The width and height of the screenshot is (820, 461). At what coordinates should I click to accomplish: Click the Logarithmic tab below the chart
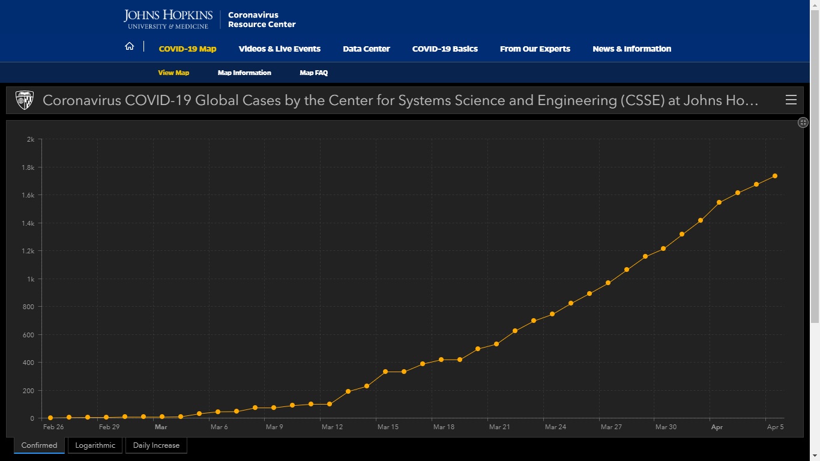click(x=95, y=445)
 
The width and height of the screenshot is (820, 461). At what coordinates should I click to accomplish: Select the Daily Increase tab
click(x=156, y=445)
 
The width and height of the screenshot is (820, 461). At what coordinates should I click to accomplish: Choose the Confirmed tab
click(x=39, y=445)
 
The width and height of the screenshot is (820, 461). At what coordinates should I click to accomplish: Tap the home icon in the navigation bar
click(x=129, y=46)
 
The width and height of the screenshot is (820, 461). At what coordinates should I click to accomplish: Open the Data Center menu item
click(x=366, y=49)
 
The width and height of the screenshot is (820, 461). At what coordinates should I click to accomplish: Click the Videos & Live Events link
click(x=279, y=49)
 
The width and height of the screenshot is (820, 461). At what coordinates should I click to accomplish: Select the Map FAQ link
click(x=314, y=73)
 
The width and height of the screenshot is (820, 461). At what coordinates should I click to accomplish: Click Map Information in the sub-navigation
click(x=244, y=73)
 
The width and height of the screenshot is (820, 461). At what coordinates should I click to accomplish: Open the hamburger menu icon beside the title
click(x=791, y=100)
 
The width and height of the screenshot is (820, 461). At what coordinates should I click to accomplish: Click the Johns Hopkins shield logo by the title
click(x=25, y=100)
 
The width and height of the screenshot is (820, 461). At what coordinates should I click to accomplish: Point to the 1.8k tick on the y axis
click(x=28, y=167)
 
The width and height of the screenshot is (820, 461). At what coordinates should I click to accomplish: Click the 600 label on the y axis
click(x=28, y=335)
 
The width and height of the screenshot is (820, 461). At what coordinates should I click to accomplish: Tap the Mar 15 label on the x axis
click(x=388, y=427)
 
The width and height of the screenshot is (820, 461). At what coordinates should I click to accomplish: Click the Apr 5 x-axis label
click(x=775, y=427)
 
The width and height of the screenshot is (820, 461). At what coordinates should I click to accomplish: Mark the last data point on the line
click(x=775, y=176)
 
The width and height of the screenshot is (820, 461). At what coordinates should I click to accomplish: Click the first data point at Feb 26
click(x=50, y=418)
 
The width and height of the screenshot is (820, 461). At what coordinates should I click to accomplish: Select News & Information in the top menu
click(x=632, y=49)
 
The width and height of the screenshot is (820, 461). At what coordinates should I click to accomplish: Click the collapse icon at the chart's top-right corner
click(x=803, y=122)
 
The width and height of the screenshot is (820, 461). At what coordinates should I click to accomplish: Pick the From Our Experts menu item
click(x=535, y=49)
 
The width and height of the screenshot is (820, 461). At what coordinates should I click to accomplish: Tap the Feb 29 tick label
click(x=109, y=427)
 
